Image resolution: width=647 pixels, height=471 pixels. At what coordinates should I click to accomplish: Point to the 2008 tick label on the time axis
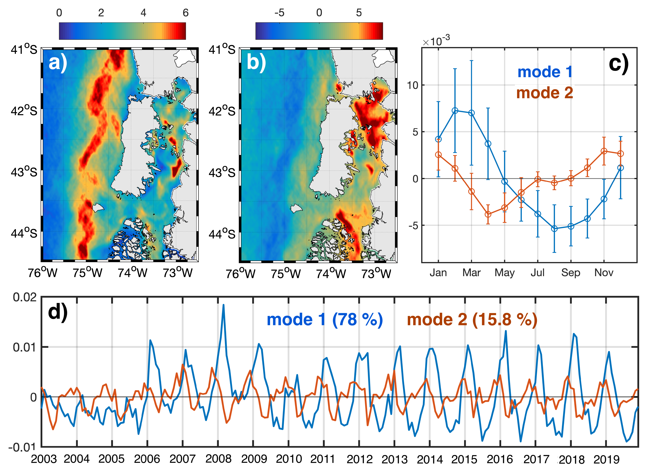[x=218, y=459]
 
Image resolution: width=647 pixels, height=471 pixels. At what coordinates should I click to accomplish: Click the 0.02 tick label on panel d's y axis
[x=25, y=297]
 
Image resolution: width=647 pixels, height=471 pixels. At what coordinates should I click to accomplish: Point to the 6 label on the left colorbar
[x=186, y=13]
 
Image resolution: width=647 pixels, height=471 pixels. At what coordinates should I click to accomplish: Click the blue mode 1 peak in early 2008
[x=223, y=305]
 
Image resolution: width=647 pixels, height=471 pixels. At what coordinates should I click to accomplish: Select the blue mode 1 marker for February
[x=455, y=111]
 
